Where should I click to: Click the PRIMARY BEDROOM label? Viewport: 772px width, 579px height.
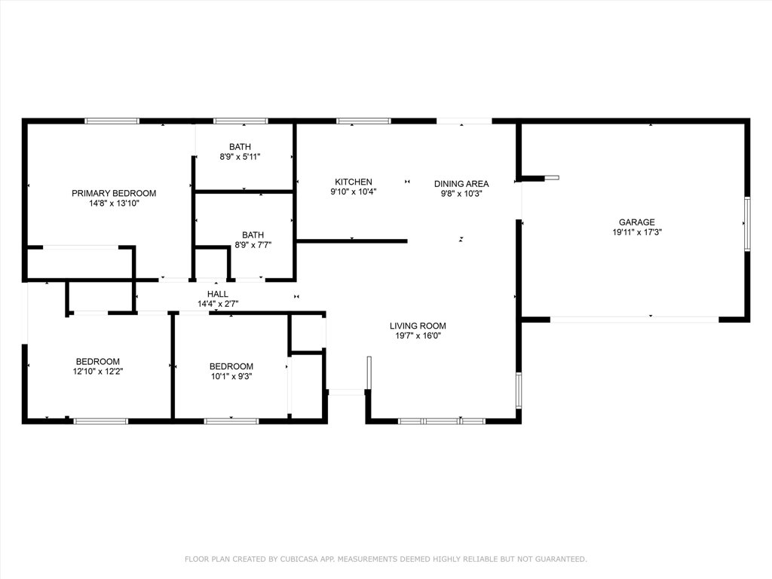coord(114,193)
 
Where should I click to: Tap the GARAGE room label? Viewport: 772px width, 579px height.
coord(636,222)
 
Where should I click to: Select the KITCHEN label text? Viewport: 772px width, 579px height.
coord(353,182)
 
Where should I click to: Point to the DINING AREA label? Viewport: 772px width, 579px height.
coord(461,183)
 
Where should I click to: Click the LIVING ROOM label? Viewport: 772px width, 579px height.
coord(418,326)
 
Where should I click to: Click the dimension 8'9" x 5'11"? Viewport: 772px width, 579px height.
coord(240,157)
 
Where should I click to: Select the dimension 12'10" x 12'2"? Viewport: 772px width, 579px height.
coord(97,371)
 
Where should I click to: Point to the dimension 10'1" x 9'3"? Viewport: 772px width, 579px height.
coord(231,376)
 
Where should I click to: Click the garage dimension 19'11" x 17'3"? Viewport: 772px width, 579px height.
coord(636,232)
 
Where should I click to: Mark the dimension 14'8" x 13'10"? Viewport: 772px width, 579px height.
coord(114,203)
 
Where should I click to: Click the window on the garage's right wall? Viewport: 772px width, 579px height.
coord(747,224)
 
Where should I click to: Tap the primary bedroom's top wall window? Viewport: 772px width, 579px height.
coord(112,121)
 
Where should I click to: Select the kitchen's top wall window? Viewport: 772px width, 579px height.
coord(363,121)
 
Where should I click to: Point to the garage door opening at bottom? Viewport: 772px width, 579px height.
coord(634,320)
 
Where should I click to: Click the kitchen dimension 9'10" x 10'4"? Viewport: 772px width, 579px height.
coord(353,191)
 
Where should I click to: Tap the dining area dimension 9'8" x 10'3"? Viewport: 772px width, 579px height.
coord(461,193)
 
